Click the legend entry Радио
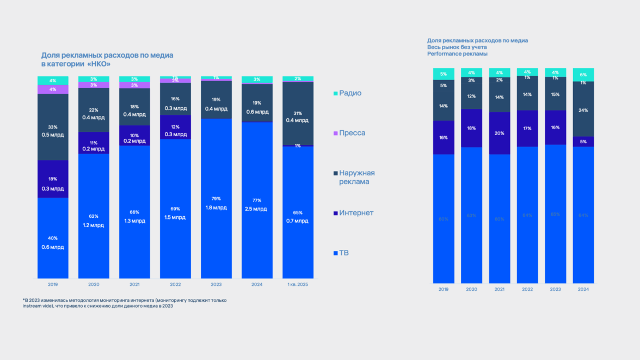(350, 93)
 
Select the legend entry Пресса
(352, 133)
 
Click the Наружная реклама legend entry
(356, 177)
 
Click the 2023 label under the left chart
(216, 284)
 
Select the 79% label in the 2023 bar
(216, 199)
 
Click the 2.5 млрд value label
(257, 209)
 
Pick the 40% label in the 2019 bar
(53, 238)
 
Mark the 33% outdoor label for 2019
(53, 126)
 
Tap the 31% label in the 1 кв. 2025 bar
(298, 113)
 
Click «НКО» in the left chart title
(99, 64)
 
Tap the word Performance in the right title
(444, 54)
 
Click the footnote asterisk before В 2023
(24, 300)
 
